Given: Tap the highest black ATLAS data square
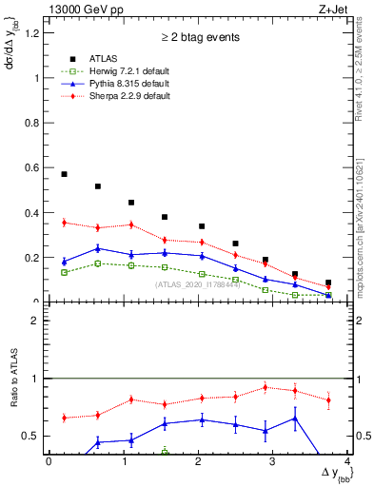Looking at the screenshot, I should pos(64,174).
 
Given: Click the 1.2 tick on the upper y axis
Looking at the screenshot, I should pos(36,33).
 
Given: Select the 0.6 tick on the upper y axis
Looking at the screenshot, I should pos(36,168).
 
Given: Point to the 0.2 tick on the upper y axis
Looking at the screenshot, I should pos(36,258).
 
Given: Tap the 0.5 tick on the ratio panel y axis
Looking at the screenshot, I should pos(36,436).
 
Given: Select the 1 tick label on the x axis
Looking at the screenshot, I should pos(123,461).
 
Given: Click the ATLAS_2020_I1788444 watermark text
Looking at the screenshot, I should pos(197,284).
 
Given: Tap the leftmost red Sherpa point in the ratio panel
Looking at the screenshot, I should pos(64,418).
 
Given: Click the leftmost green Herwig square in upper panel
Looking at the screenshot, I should pos(64,272).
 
